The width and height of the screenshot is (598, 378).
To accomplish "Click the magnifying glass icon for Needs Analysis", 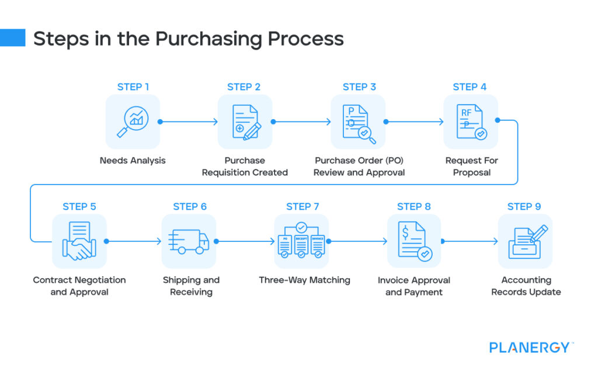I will click(x=133, y=122).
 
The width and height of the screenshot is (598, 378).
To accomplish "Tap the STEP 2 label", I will click(x=244, y=87).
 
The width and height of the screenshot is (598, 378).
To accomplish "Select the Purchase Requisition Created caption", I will click(x=245, y=167).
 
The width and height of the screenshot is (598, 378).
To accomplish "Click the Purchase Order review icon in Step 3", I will click(x=358, y=122).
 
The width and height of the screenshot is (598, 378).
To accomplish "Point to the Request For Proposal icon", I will click(x=471, y=122).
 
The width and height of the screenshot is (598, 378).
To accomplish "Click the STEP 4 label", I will click(x=470, y=87).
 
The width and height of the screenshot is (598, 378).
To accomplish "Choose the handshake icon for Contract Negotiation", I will click(x=79, y=241).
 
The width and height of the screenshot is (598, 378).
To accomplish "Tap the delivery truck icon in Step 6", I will click(x=189, y=241).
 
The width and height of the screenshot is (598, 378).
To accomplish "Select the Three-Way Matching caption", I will click(x=304, y=280).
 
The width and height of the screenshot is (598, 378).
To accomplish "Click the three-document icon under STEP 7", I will click(x=301, y=241).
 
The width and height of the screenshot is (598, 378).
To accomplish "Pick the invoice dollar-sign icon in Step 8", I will click(x=414, y=241).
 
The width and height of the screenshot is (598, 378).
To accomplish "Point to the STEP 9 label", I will click(x=524, y=206).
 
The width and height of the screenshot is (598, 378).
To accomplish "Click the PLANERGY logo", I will click(x=529, y=348).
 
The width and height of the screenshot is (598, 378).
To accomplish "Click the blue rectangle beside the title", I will click(x=12, y=38).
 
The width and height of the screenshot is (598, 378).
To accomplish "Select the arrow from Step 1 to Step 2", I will click(x=188, y=122).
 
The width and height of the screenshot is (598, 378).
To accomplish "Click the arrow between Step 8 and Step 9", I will click(x=470, y=241).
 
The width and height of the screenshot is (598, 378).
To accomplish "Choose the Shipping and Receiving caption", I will click(x=191, y=286).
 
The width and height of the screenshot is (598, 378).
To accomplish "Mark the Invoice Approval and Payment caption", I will click(x=414, y=286).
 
